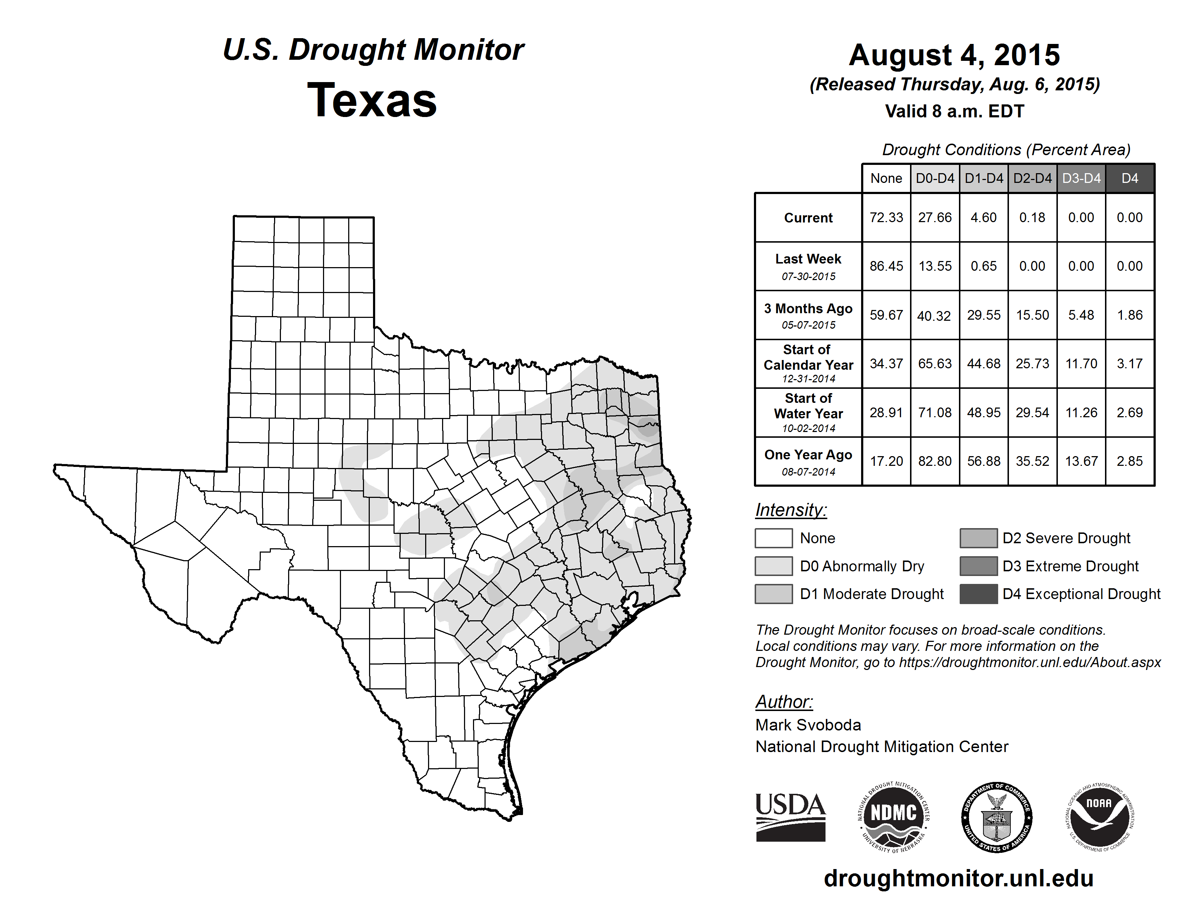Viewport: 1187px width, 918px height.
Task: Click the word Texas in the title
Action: pos(372,100)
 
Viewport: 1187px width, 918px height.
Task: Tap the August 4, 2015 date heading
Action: pos(954,55)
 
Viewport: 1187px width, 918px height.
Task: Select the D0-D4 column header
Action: pos(935,178)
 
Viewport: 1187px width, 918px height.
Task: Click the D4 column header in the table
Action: pos(1129,178)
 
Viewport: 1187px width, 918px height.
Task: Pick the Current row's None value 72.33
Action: pos(886,217)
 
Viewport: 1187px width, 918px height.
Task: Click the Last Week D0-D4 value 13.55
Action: pos(935,266)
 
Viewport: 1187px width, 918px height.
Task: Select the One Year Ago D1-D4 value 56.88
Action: pos(984,461)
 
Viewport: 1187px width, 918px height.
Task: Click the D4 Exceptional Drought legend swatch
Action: pos(978,594)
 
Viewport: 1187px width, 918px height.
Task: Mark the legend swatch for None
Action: pos(773,538)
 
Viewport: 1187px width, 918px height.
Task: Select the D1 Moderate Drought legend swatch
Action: pos(773,594)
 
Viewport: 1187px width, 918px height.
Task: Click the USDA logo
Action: pos(790,817)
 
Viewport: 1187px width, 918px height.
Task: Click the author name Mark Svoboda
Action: pos(808,725)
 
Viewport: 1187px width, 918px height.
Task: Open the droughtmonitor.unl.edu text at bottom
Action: pos(959,878)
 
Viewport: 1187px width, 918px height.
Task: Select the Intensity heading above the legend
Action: pos(791,510)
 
